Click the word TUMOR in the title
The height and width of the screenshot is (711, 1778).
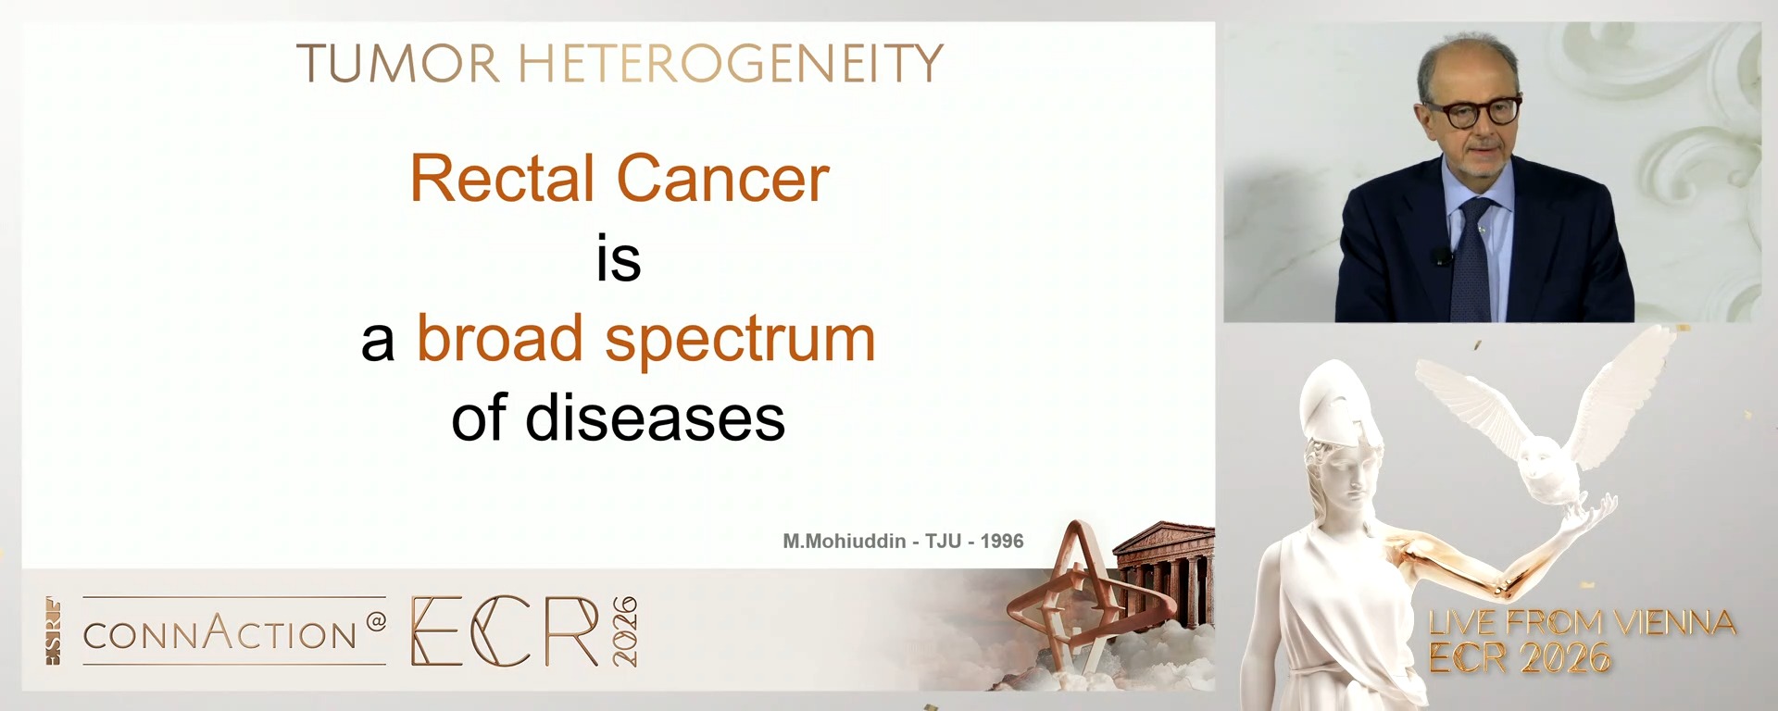398,64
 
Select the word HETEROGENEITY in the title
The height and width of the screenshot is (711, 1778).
730,64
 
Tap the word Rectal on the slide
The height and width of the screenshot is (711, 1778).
502,179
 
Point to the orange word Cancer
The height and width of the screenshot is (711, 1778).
722,179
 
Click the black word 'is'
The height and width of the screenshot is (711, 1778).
619,259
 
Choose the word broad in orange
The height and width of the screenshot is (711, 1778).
499,339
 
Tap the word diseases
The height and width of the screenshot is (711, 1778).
655,418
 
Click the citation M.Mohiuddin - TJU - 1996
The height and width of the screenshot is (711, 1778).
903,542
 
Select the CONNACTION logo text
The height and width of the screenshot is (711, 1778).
220,634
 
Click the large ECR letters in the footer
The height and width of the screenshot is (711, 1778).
505,631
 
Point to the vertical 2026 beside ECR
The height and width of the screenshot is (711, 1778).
625,631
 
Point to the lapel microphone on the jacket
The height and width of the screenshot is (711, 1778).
1440,256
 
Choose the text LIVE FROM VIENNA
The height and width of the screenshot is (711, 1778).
1582,623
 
